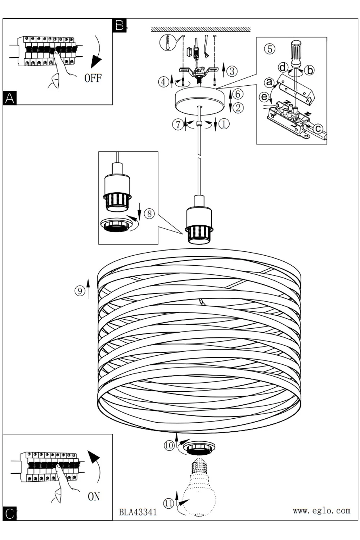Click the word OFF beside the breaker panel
(x=93, y=78)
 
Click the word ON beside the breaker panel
(x=94, y=496)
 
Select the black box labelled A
(x=10, y=98)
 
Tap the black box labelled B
(x=119, y=26)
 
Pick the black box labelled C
(x=10, y=513)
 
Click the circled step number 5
(x=269, y=49)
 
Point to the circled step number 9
(x=80, y=291)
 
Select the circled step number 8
(x=149, y=213)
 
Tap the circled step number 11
(x=168, y=503)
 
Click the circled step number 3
(x=232, y=71)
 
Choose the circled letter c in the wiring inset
(x=318, y=128)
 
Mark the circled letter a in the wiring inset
(x=269, y=82)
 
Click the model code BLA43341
(x=138, y=512)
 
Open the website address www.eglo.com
(x=321, y=510)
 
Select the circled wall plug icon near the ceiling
(x=167, y=43)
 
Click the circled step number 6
(x=238, y=94)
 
